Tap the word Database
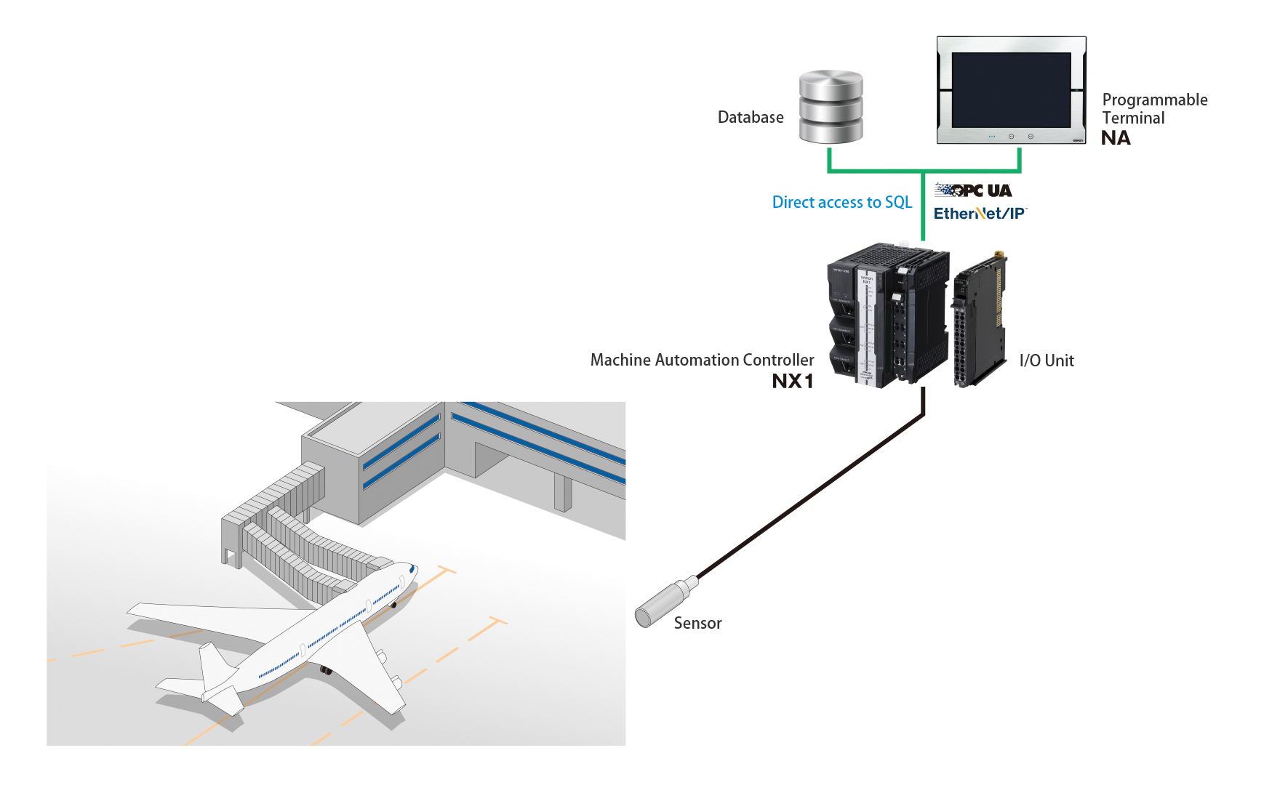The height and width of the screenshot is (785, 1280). coord(750,117)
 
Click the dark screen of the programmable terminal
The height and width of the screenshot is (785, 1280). coord(1011,89)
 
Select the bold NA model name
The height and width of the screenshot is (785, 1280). coord(1115,138)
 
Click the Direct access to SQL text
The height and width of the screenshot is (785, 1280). coord(841,202)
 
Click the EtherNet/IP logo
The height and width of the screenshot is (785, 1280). coord(979,214)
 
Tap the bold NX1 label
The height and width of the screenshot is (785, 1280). coord(792,381)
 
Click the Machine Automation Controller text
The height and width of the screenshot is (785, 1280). coord(702,360)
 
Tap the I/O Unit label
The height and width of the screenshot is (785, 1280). coord(1046,361)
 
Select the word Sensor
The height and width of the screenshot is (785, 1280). coord(697,623)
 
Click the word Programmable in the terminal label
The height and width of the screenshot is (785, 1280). coord(1154,100)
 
